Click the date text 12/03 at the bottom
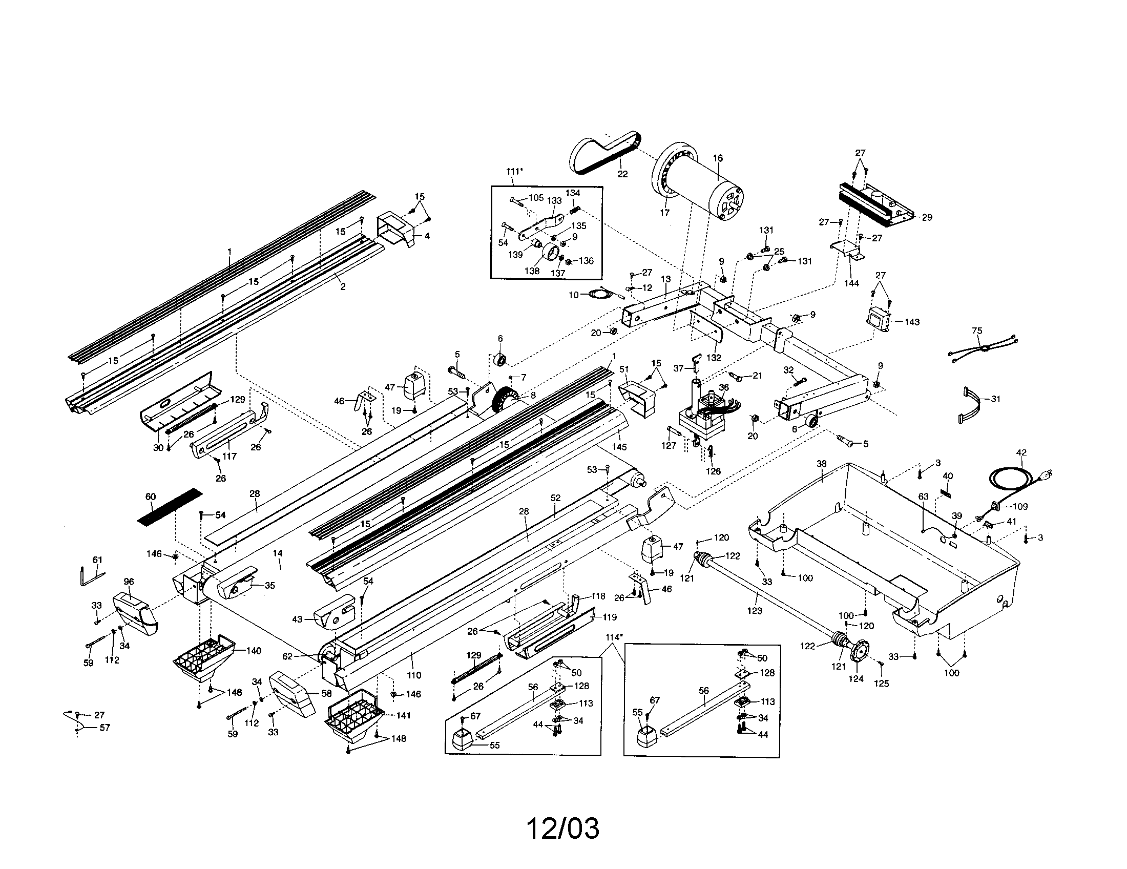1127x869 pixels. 562,829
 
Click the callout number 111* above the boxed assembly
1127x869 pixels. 514,172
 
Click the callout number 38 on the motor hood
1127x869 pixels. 821,463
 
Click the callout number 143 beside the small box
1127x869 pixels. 912,322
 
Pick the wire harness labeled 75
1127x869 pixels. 983,348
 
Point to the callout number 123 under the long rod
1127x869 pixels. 755,611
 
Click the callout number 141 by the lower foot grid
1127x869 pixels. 403,715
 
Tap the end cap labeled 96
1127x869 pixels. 135,612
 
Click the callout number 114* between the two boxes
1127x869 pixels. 614,637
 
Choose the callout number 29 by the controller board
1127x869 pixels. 927,218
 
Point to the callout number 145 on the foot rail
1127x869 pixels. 619,447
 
